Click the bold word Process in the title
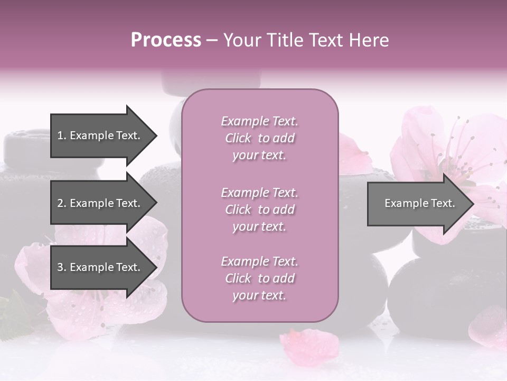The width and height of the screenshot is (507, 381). point(166,40)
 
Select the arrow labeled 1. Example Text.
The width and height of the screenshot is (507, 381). point(100,135)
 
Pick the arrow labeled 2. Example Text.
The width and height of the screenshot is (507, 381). point(100,203)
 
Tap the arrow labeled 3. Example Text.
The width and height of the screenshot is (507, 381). point(100,267)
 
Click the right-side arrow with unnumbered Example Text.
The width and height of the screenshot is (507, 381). point(417,203)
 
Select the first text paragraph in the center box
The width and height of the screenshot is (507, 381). point(259,138)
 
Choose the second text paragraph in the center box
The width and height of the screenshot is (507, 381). point(259,210)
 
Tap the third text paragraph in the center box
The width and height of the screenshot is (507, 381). point(259,278)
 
